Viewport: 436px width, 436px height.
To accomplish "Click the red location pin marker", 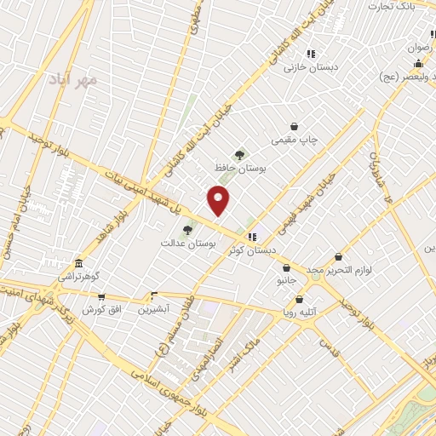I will [219, 200].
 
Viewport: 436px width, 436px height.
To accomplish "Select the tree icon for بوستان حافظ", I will [241, 155].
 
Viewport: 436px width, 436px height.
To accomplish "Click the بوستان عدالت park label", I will [189, 243].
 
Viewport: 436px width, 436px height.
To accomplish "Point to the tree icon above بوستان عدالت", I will [187, 229].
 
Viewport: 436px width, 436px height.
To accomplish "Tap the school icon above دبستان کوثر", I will [251, 237].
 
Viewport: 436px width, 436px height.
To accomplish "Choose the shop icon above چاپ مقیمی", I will [295, 126].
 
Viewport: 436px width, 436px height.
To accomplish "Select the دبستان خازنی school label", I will [311, 66].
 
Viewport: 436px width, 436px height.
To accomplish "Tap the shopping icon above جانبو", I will [286, 267].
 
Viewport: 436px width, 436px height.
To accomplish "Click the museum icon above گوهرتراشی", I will [79, 263].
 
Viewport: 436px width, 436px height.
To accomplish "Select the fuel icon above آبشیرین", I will [154, 296].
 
